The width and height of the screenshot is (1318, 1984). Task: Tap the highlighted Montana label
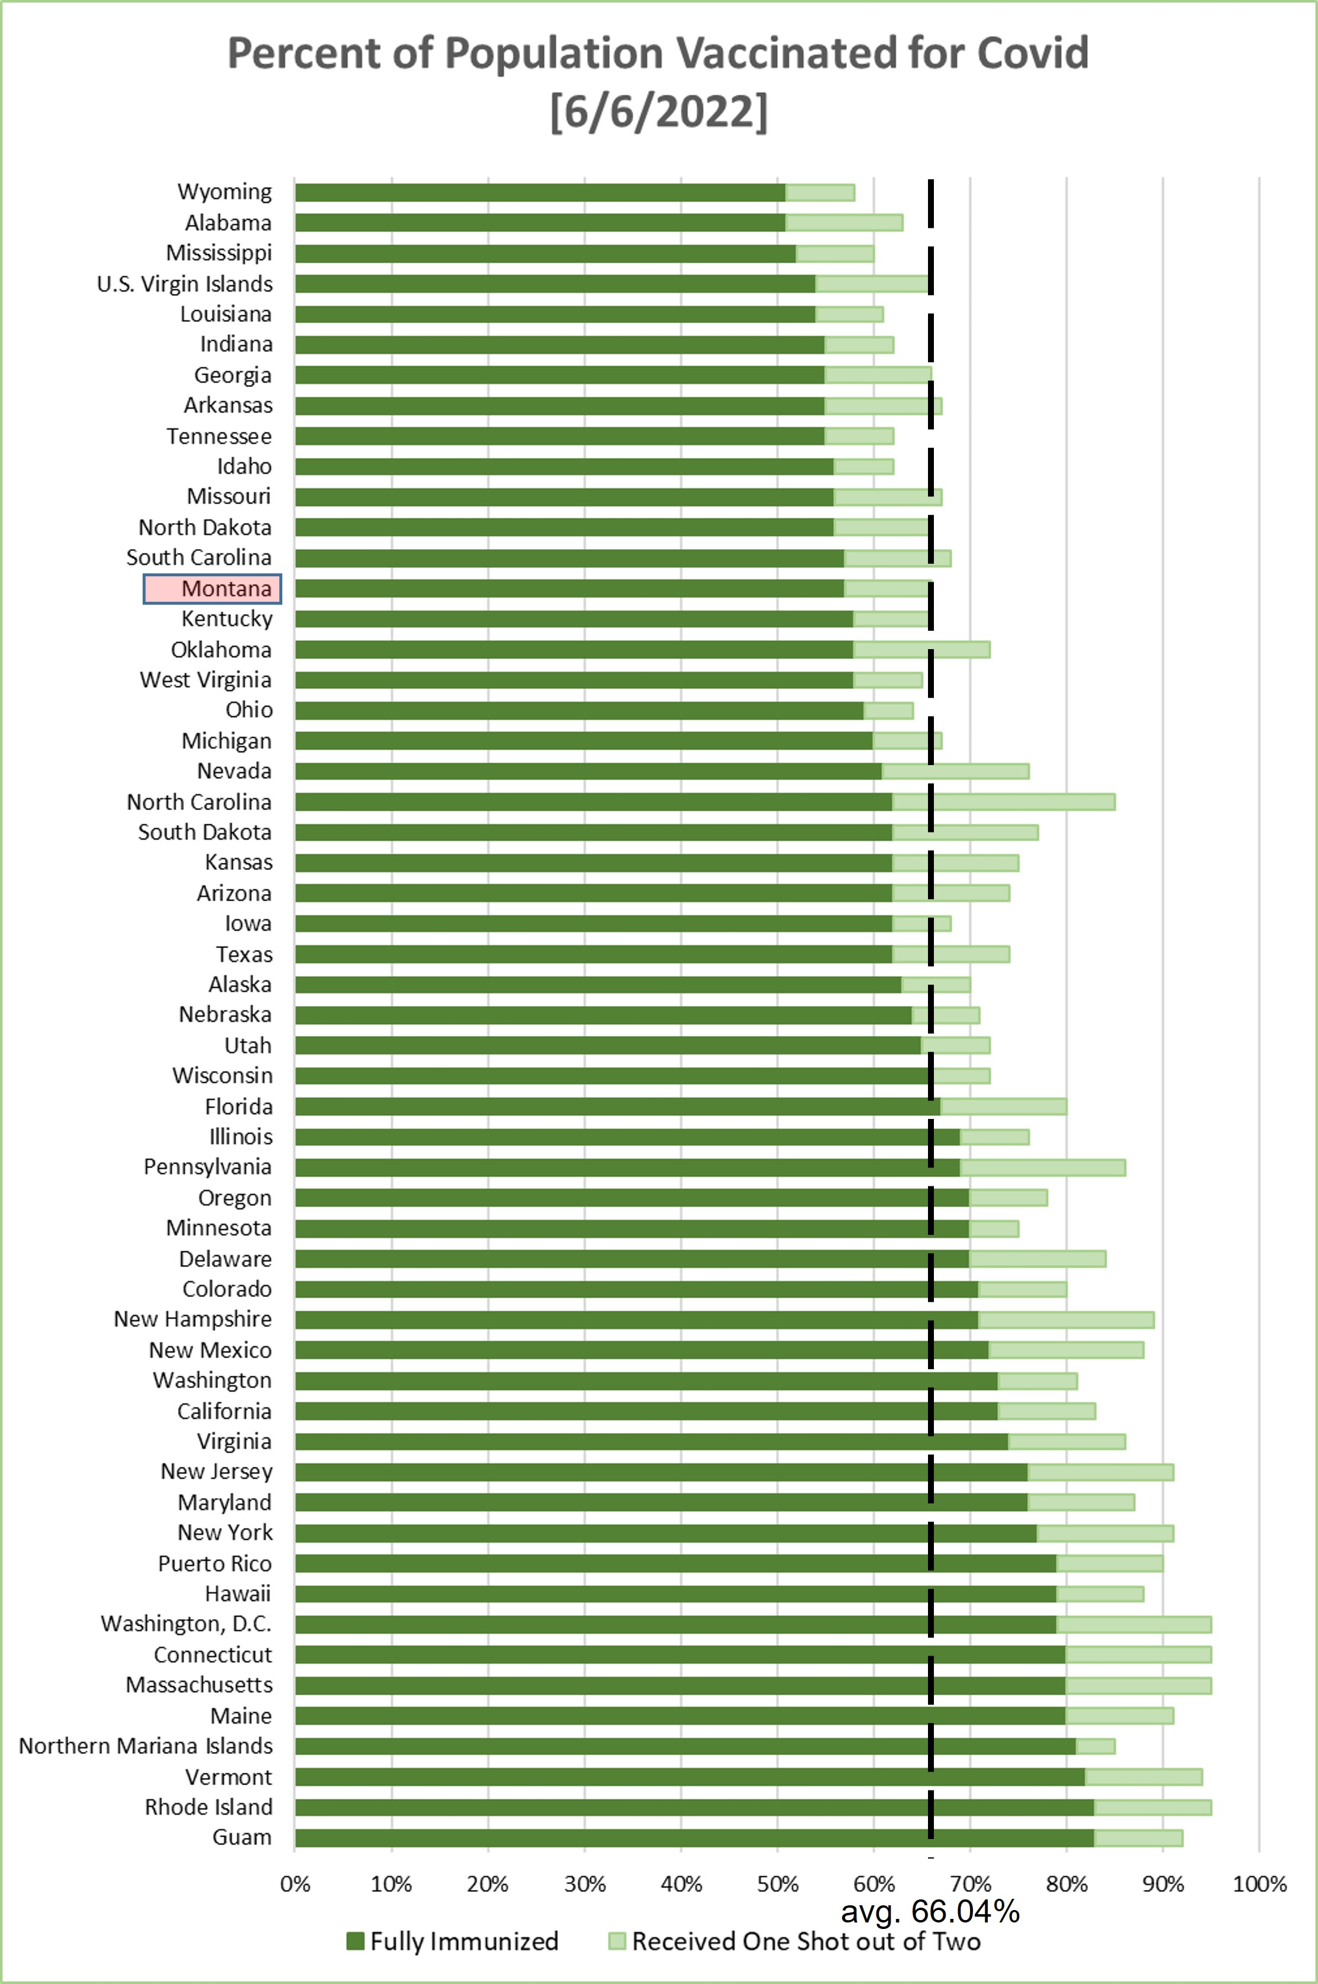pyautogui.click(x=212, y=588)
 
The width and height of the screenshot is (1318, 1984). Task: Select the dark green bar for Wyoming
pyautogui.click(x=540, y=192)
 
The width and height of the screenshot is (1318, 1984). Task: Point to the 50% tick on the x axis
pyautogui.click(x=778, y=1884)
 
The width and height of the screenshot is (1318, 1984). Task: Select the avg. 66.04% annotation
pyautogui.click(x=930, y=1912)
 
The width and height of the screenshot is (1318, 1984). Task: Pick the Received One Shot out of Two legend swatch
pyautogui.click(x=617, y=1941)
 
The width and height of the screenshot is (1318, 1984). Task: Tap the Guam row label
pyautogui.click(x=242, y=1837)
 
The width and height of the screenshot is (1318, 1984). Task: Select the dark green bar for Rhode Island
pyautogui.click(x=694, y=1806)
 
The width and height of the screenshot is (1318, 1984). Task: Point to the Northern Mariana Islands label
pyautogui.click(x=146, y=1746)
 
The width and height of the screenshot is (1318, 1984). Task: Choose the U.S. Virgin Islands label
pyautogui.click(x=185, y=284)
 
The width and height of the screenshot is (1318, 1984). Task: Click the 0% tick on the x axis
pyautogui.click(x=295, y=1884)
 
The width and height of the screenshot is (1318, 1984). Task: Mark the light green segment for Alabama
pyautogui.click(x=844, y=222)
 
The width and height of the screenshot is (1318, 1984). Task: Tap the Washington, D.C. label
pyautogui.click(x=186, y=1624)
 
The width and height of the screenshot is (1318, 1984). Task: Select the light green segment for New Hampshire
pyautogui.click(x=1066, y=1320)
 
